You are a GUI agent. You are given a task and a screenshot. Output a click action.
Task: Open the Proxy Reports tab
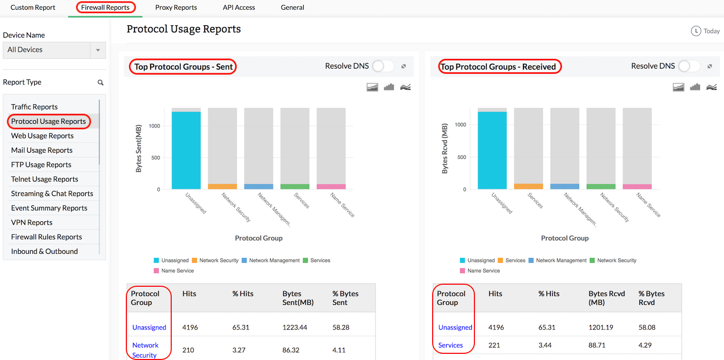tap(176, 8)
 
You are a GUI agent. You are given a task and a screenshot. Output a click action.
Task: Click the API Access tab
tap(239, 8)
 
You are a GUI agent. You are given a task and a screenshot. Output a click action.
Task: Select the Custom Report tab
tap(33, 8)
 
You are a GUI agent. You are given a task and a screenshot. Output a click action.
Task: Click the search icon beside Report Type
tap(101, 83)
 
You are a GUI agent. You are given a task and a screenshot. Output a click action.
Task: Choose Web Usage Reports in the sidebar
tap(42, 136)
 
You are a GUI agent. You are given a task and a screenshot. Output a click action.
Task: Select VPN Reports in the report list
tap(32, 222)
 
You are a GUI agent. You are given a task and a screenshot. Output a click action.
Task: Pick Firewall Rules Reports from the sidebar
tap(46, 237)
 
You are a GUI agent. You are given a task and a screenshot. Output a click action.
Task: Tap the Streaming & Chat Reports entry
tap(52, 193)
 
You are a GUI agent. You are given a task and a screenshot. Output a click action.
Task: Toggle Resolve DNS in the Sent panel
tap(383, 66)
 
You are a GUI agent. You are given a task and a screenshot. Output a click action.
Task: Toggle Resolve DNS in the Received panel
tap(689, 66)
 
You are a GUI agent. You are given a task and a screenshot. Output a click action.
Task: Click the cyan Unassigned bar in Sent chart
tap(186, 150)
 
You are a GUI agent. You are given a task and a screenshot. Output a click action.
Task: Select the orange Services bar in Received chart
tap(529, 186)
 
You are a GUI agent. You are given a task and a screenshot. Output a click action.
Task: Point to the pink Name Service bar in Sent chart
tap(331, 186)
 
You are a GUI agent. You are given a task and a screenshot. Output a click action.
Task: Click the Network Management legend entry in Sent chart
tap(274, 260)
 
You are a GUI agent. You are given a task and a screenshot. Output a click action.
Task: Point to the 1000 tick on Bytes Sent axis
tap(154, 126)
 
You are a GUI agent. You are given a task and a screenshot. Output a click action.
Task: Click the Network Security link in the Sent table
tap(145, 350)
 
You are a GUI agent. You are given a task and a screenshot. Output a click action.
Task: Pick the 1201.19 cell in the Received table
tap(601, 328)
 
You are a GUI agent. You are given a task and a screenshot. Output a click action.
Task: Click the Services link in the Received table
tap(451, 345)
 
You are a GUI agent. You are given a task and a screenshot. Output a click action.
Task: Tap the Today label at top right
tap(711, 31)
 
